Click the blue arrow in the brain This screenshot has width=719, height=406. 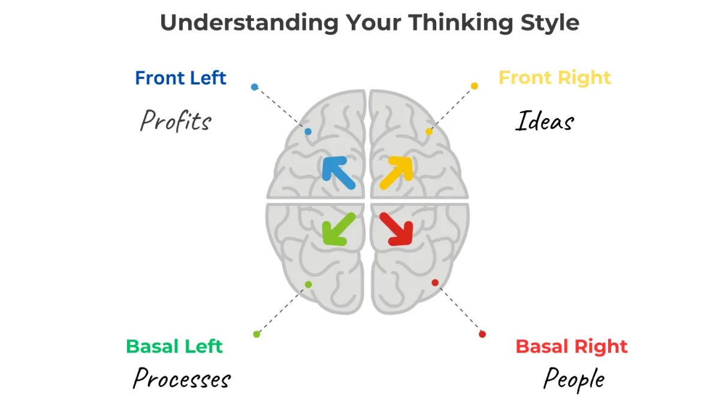[x=339, y=173]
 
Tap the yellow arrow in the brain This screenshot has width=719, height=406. [x=396, y=173]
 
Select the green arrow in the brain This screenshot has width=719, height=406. [x=339, y=229]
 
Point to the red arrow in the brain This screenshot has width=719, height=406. [x=396, y=229]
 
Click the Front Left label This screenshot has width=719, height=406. [x=181, y=78]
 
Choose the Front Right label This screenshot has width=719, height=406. [x=555, y=78]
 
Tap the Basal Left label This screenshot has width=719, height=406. [x=174, y=346]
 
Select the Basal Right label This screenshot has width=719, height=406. [x=572, y=346]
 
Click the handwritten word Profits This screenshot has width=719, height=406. [x=176, y=120]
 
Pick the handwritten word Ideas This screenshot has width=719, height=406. [x=545, y=120]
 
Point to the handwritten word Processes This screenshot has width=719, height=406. [x=182, y=378]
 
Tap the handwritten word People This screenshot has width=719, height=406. [x=574, y=380]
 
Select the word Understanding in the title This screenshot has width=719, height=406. [x=249, y=23]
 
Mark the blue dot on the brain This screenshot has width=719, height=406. [x=308, y=132]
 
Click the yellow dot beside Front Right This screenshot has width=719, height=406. [x=475, y=86]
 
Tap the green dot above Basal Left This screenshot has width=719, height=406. [x=256, y=335]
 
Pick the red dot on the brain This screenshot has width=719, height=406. [x=435, y=283]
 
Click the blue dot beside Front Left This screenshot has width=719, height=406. [x=255, y=87]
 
